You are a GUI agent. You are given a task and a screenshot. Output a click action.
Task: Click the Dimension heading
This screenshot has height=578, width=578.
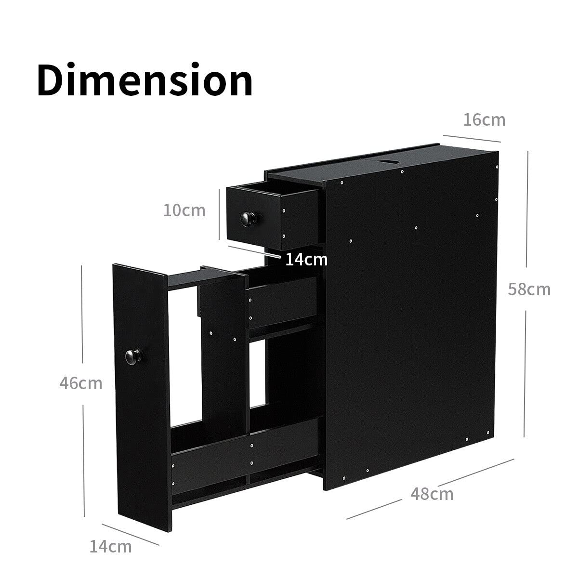(144, 79)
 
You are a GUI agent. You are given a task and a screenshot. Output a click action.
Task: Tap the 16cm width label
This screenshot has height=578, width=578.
(484, 119)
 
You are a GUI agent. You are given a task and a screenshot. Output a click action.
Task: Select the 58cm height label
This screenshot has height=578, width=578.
(529, 289)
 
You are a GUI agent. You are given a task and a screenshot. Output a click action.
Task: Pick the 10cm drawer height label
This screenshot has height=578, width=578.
(184, 210)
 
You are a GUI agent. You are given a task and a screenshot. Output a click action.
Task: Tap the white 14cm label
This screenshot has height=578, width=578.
(306, 260)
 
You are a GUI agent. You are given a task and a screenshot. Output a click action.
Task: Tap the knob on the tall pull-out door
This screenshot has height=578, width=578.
(131, 356)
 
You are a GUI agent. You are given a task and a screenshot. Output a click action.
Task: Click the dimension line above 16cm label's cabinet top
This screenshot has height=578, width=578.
(472, 138)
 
